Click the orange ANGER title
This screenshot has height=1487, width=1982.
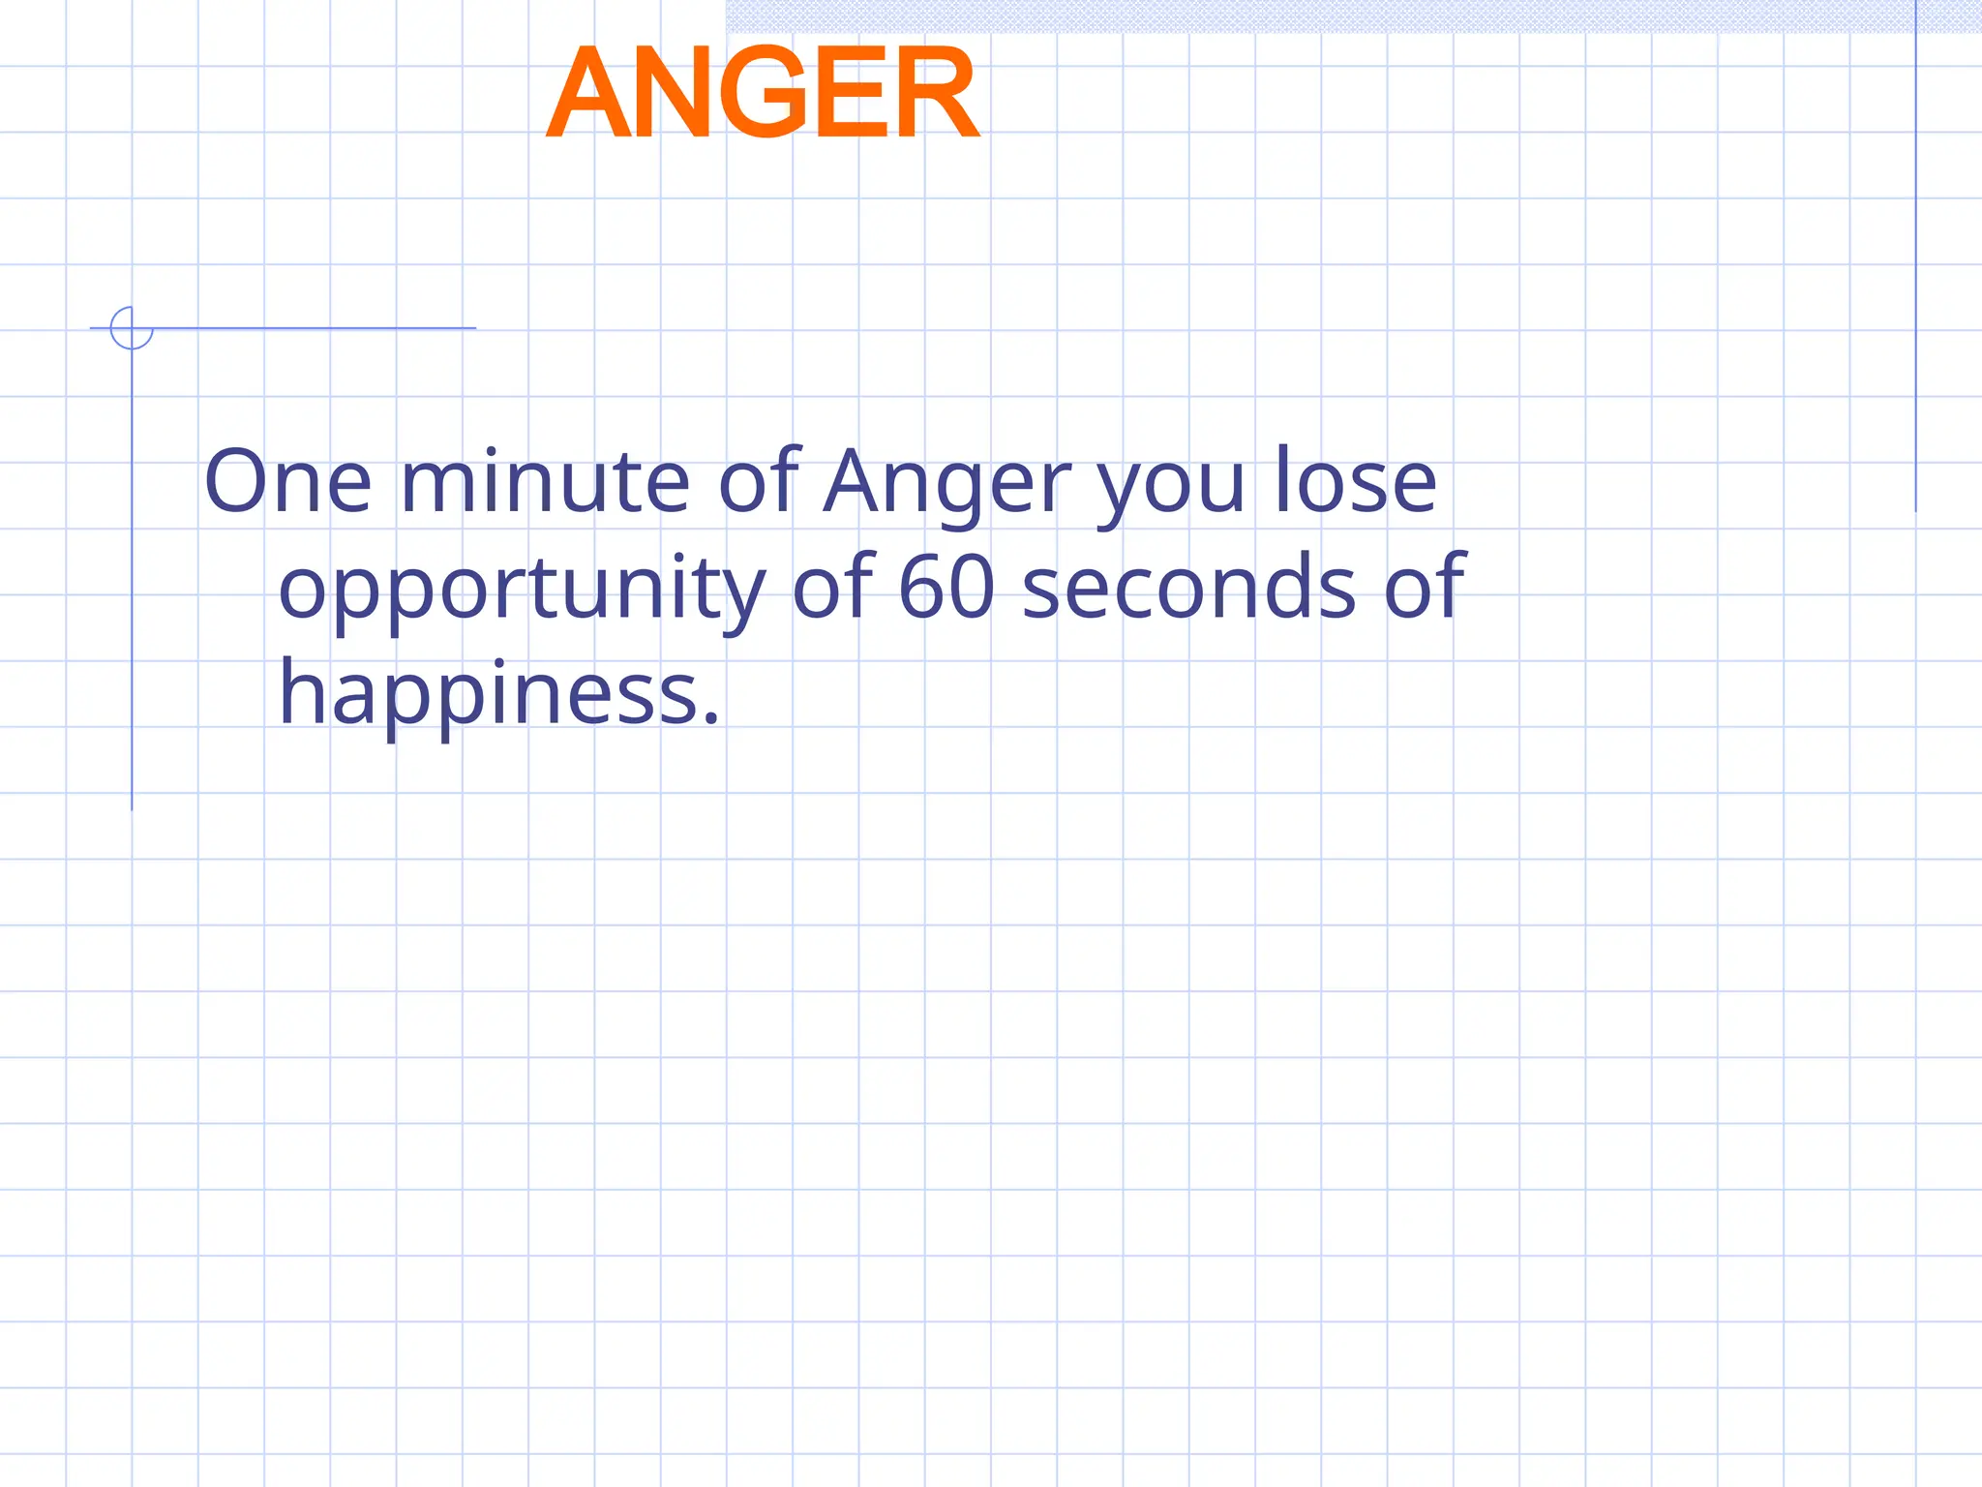click(x=764, y=94)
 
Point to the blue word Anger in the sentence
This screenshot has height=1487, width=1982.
click(x=946, y=483)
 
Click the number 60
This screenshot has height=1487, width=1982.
click(x=946, y=588)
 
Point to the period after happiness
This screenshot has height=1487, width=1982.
click(x=712, y=718)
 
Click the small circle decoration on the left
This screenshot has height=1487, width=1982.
click(x=132, y=328)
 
